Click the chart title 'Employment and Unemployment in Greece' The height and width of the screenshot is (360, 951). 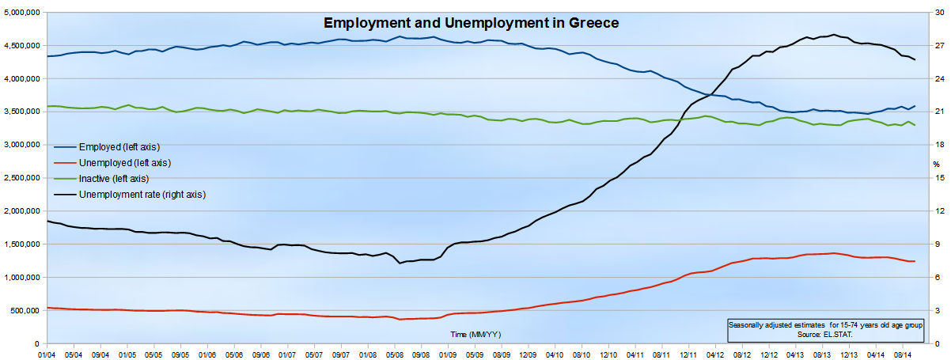tap(471, 23)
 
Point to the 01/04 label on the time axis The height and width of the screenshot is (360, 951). tap(47, 354)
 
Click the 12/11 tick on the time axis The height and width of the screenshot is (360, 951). tap(688, 354)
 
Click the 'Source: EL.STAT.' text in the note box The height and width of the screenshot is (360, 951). tap(819, 335)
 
